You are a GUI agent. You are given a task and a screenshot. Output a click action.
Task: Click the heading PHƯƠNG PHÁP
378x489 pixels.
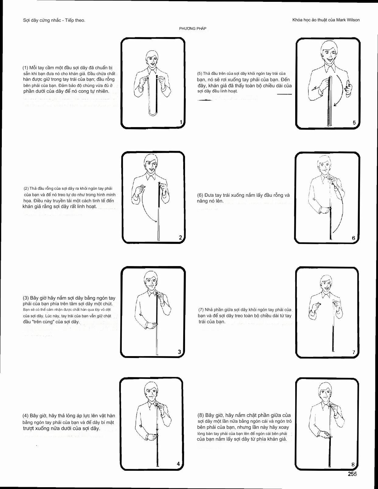point(193,29)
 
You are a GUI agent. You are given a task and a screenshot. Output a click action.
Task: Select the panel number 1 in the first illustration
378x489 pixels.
point(181,122)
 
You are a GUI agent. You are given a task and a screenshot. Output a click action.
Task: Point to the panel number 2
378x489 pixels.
point(180,238)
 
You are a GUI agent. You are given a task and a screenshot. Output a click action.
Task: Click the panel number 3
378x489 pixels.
point(179,352)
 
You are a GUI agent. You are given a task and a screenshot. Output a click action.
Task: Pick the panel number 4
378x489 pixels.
point(178,464)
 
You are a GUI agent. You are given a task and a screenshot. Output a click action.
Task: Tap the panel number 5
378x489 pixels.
point(354,123)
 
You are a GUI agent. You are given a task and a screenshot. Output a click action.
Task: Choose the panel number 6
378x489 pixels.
point(353,238)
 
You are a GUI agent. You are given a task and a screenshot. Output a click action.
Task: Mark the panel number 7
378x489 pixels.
point(354,352)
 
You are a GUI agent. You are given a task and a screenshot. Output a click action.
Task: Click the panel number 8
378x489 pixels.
point(353,464)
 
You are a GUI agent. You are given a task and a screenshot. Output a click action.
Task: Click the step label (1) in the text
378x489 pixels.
point(25,68)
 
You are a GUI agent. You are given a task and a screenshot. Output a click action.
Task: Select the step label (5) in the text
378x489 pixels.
point(200,74)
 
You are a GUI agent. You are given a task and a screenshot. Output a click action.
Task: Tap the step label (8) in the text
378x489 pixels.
point(201,415)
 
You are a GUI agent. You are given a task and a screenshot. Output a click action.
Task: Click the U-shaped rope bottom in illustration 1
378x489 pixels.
point(153,114)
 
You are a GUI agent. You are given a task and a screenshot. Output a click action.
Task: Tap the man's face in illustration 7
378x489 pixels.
point(326,284)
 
